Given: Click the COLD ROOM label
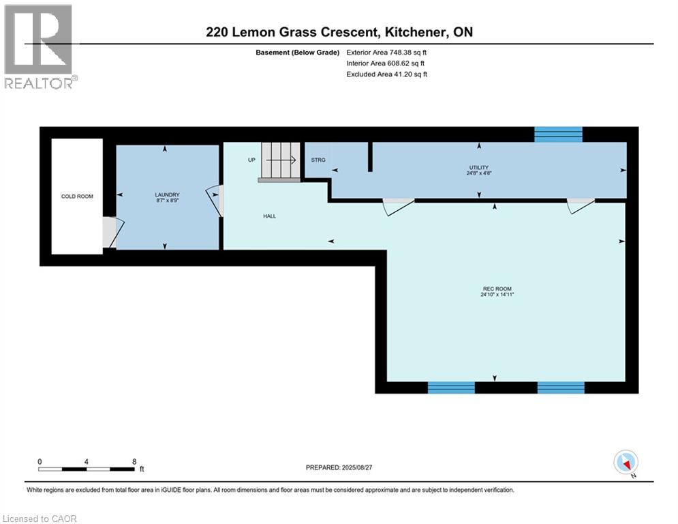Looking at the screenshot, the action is coord(77,196).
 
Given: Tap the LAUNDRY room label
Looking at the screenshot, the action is coord(168,195).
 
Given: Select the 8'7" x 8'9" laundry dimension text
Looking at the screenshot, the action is coord(168,201).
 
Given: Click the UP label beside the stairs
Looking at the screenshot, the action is coord(251,160).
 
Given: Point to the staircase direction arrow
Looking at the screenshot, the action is coord(281,160).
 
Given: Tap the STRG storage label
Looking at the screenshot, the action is coord(318,160).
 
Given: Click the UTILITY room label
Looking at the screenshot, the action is coord(479,168).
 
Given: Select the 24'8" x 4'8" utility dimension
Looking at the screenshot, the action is coord(479,173).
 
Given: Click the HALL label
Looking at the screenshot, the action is coord(269,216).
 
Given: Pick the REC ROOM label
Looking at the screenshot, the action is coord(497,289).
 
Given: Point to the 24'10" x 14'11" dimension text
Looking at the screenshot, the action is coord(497,295).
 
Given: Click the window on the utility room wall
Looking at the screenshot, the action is coord(558,134).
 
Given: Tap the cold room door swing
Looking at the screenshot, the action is coord(113,233).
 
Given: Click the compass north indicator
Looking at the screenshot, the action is coord(626,463).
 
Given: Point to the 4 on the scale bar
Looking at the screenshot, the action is coord(87,462).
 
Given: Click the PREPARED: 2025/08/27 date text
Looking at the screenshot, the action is coord(339,467).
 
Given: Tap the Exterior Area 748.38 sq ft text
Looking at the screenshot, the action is coord(386,53).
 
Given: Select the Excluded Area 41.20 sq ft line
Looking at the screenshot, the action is coord(387,74).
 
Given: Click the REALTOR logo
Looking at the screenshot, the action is coord(40,46).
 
